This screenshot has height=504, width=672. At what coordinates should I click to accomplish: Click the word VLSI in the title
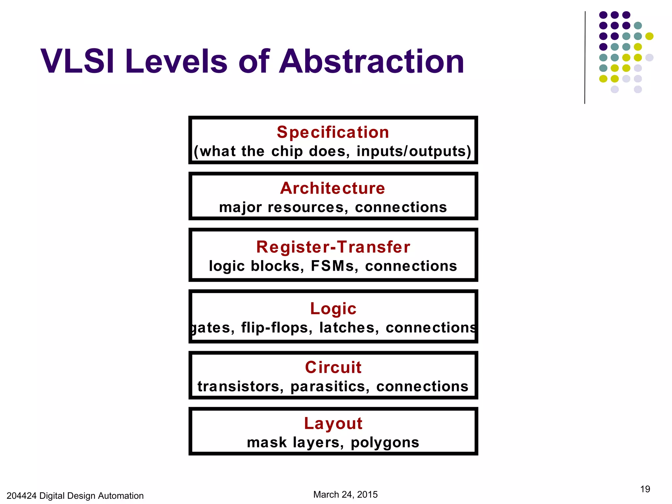[77, 61]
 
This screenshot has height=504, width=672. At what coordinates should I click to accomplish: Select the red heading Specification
[333, 132]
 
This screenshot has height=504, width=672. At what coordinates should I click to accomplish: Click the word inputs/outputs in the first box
[414, 151]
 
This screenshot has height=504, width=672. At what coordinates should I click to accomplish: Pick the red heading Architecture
[332, 188]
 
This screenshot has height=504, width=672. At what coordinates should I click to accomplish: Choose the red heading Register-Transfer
[333, 247]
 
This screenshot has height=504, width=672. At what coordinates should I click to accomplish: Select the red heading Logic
[333, 309]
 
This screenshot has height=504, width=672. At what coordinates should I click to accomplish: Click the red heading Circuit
[333, 367]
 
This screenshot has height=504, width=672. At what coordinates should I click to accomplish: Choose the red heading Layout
[333, 424]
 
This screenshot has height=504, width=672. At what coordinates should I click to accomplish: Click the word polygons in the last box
[385, 443]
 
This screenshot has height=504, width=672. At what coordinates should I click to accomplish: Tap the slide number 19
[645, 489]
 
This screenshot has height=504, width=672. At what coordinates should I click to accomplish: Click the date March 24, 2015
[345, 494]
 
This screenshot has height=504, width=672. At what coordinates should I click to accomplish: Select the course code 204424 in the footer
[21, 496]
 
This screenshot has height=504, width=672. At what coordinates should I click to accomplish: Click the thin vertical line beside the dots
[585, 57]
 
